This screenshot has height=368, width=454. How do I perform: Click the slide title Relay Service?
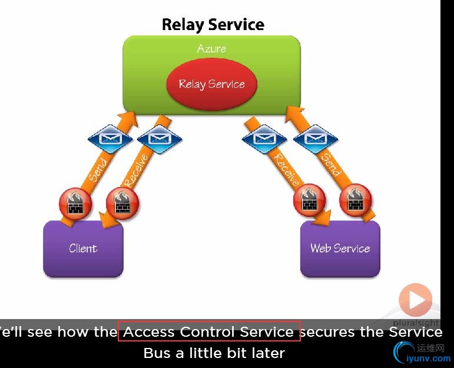click(x=213, y=25)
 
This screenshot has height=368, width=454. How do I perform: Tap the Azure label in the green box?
click(x=211, y=48)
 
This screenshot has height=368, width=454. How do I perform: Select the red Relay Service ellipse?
click(x=211, y=84)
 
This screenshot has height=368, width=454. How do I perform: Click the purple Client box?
click(x=83, y=248)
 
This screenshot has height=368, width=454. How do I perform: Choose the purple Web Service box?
click(x=340, y=248)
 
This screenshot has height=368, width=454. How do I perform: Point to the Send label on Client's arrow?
click(x=98, y=169)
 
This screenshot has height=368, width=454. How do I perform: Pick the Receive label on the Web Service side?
click(x=287, y=169)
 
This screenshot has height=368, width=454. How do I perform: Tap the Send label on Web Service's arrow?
click(x=330, y=165)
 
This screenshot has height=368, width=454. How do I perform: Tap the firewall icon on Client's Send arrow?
click(x=75, y=203)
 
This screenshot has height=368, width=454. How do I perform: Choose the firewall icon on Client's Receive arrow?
click(x=122, y=203)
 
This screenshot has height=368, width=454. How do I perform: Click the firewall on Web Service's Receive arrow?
click(x=309, y=201)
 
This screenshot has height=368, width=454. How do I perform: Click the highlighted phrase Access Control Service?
click(x=209, y=332)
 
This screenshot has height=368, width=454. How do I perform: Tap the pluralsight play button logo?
click(x=416, y=301)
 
